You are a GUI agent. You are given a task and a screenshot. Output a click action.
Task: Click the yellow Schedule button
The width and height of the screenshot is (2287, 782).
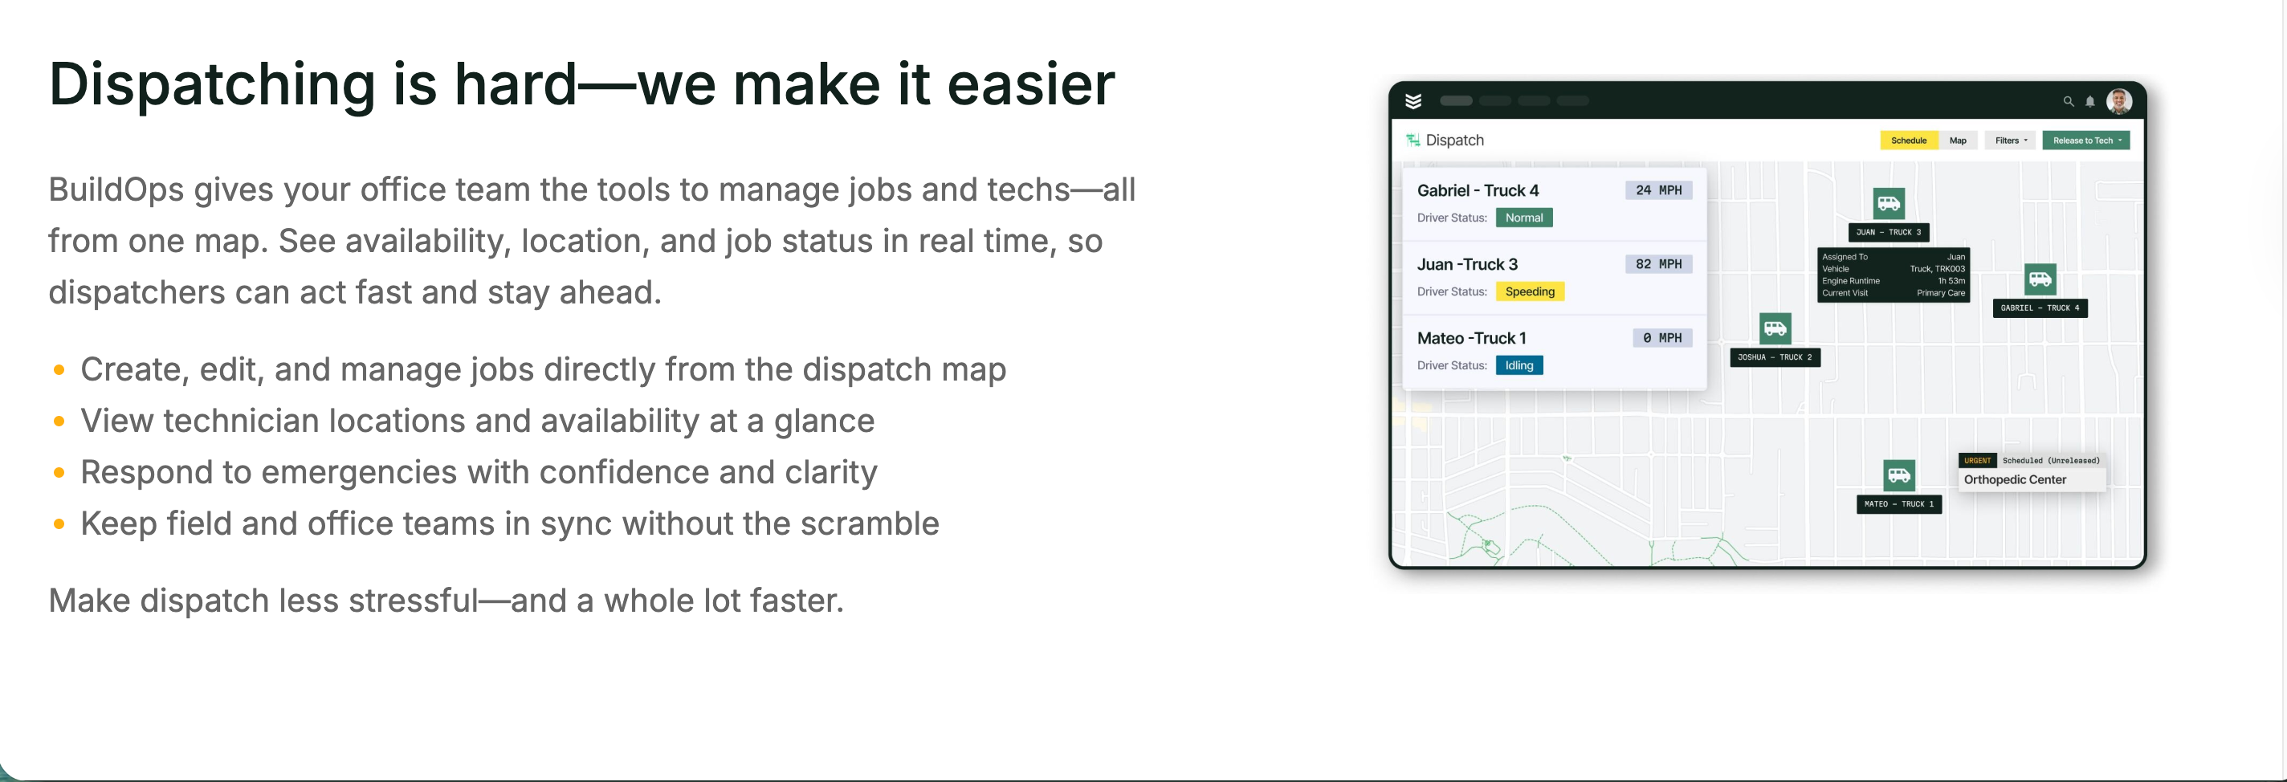point(1908,141)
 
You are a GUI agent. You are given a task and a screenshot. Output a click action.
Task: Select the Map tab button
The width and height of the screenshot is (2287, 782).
point(1958,141)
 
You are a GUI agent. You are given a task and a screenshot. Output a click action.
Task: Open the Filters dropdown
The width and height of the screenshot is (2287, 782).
point(2011,141)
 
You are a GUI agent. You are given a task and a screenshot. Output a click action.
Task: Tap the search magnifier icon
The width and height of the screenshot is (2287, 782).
point(2068,101)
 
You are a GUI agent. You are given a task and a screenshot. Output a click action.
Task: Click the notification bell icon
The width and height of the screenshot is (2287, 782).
point(2090,101)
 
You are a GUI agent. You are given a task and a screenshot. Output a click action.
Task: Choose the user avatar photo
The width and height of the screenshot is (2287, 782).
point(2119,101)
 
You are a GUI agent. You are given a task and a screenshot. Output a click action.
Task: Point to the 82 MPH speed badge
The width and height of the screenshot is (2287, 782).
point(1658,263)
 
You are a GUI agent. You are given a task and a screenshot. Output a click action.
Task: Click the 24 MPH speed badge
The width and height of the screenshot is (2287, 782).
point(1658,190)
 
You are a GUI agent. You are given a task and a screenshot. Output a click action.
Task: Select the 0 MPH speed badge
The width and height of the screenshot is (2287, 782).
point(1662,337)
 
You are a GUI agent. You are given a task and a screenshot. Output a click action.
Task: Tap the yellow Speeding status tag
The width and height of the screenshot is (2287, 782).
point(1530,291)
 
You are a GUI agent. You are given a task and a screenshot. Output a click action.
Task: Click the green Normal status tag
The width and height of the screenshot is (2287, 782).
point(1523,218)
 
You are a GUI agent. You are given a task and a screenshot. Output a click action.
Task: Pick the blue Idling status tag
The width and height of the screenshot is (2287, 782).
point(1519,365)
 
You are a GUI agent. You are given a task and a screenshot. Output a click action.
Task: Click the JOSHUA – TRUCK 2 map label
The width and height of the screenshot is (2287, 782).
point(1775,356)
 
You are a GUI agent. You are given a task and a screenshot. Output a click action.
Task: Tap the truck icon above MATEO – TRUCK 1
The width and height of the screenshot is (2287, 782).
point(1898,474)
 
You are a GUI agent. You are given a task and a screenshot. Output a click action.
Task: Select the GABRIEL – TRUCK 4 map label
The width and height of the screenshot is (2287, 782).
point(2040,308)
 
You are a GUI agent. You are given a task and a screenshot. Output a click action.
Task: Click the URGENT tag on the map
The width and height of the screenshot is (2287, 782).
point(1977,461)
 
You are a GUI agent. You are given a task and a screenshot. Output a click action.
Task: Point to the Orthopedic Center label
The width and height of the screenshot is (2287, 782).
point(2015,479)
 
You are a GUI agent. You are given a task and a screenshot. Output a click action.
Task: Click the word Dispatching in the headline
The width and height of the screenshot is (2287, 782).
point(212,85)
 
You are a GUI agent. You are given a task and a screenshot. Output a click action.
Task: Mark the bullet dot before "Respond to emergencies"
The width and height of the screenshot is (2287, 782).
point(59,472)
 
